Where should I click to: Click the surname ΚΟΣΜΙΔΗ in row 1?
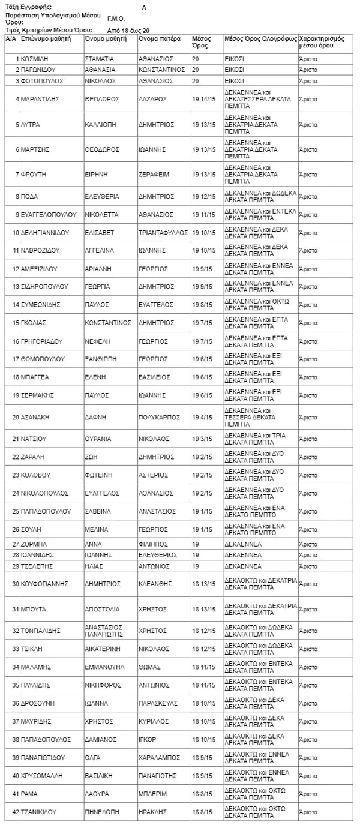click(x=35, y=59)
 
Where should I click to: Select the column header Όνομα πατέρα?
click(x=159, y=38)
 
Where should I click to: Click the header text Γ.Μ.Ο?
click(x=116, y=19)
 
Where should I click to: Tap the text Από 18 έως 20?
click(x=128, y=29)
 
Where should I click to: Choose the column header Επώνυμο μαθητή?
click(x=46, y=38)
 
